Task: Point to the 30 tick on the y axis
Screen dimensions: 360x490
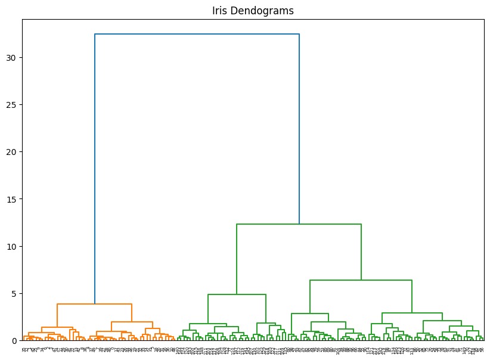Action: (x=14, y=57)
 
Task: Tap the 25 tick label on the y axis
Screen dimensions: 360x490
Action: (x=14, y=104)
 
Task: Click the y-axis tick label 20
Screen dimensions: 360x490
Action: (x=14, y=151)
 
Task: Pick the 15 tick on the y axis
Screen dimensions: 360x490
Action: (x=14, y=198)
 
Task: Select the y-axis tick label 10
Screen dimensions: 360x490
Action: (x=14, y=246)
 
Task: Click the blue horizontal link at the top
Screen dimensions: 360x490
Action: (x=197, y=34)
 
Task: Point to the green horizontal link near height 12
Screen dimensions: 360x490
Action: (x=298, y=224)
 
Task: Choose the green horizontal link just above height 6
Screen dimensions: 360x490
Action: (x=361, y=280)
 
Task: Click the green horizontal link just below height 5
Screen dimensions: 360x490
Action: (x=237, y=294)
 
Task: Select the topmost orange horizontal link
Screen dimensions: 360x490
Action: (x=94, y=304)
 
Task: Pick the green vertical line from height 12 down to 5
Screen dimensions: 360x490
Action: (x=237, y=259)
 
